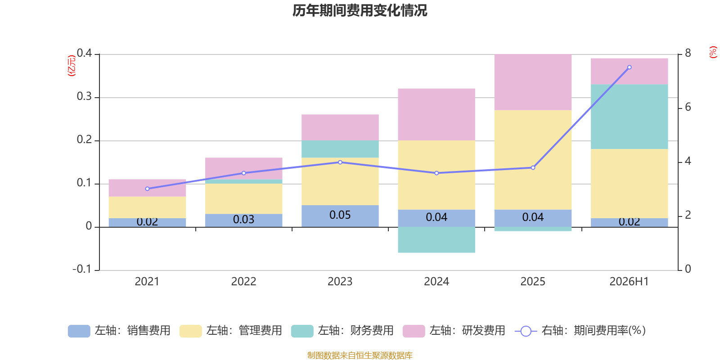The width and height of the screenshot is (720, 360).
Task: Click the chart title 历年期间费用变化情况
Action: pyautogui.click(x=360, y=11)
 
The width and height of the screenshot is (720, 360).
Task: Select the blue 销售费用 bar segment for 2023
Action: pyautogui.click(x=340, y=216)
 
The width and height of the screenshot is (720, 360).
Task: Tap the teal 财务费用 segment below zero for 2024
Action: pyautogui.click(x=436, y=240)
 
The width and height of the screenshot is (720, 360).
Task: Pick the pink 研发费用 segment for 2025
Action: pyautogui.click(x=533, y=82)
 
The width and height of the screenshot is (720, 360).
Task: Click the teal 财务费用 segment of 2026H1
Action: pyautogui.click(x=630, y=117)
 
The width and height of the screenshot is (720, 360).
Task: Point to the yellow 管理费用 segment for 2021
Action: pyautogui.click(x=147, y=207)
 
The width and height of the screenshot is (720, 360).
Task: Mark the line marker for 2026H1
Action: pyautogui.click(x=630, y=67)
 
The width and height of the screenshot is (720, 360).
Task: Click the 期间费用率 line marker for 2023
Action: pyautogui.click(x=340, y=162)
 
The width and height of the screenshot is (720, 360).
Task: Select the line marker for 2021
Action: pyautogui.click(x=147, y=189)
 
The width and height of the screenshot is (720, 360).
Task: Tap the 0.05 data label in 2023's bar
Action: pyautogui.click(x=340, y=215)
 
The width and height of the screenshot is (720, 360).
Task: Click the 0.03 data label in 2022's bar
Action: pyautogui.click(x=243, y=219)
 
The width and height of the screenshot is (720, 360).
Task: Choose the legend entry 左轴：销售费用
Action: pyautogui.click(x=119, y=331)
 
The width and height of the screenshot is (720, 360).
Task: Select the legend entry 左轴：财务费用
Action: pyautogui.click(x=342, y=331)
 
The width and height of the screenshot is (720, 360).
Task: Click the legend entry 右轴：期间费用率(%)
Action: pyautogui.click(x=580, y=331)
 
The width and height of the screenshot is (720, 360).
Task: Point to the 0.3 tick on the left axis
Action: pyautogui.click(x=85, y=96)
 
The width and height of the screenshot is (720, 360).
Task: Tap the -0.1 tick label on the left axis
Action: pyautogui.click(x=82, y=269)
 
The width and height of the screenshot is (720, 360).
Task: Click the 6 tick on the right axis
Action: pyautogui.click(x=688, y=107)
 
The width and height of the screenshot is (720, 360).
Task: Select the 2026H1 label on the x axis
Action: pyautogui.click(x=630, y=282)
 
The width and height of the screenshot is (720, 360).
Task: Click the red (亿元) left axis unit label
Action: pyautogui.click(x=72, y=66)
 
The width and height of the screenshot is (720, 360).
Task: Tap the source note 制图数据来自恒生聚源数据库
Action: pyautogui.click(x=360, y=355)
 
